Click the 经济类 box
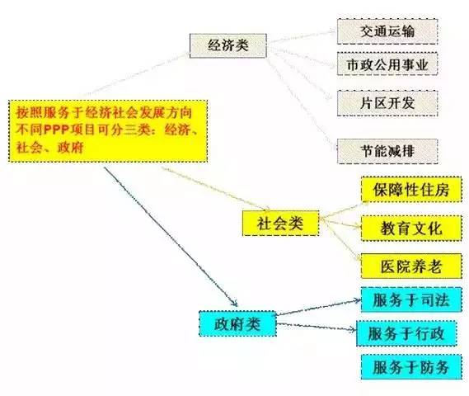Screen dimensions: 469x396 pyautogui.click(x=228, y=45)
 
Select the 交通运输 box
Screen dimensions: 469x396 pyautogui.click(x=387, y=31)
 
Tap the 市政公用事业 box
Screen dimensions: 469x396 pyautogui.click(x=387, y=64)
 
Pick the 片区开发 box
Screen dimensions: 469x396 pyautogui.click(x=387, y=103)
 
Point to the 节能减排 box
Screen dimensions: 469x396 pyautogui.click(x=387, y=151)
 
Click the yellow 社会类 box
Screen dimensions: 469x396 pyautogui.click(x=280, y=224)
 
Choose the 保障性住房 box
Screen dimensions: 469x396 pyautogui.click(x=411, y=190)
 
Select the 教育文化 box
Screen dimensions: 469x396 pyautogui.click(x=411, y=229)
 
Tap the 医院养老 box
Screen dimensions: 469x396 pyautogui.click(x=411, y=266)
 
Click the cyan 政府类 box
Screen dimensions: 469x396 pyautogui.click(x=237, y=323)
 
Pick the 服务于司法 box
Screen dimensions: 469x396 pyautogui.click(x=411, y=300)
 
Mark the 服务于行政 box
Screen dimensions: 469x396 pyautogui.click(x=406, y=333)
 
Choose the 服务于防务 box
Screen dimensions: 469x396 pyautogui.click(x=411, y=367)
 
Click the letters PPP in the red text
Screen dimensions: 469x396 pyautogui.click(x=56, y=130)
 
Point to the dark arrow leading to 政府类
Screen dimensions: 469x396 pyautogui.click(x=171, y=237)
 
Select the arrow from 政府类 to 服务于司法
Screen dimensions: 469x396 pyautogui.click(x=318, y=307)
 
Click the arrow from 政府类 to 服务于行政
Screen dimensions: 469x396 pyautogui.click(x=317, y=327)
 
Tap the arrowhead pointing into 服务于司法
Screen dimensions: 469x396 pyautogui.click(x=358, y=300)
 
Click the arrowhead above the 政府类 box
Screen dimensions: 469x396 pyautogui.click(x=234, y=303)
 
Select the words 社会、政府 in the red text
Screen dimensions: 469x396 pyautogui.click(x=49, y=148)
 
